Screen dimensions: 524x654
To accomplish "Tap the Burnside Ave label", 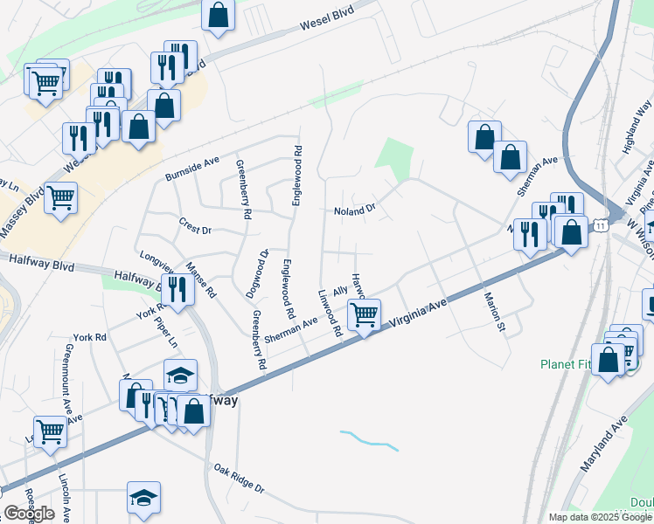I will (192, 169).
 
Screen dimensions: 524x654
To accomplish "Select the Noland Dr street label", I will (354, 210).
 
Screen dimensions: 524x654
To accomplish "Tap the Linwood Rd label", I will (328, 314).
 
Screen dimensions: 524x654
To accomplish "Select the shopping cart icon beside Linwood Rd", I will (364, 314).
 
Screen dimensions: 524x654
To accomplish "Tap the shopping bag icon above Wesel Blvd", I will (219, 14).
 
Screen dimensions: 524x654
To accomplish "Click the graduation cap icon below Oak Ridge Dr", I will (143, 498).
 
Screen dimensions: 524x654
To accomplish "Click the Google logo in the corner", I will (29, 514).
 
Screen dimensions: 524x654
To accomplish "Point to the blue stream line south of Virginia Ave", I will (369, 439).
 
